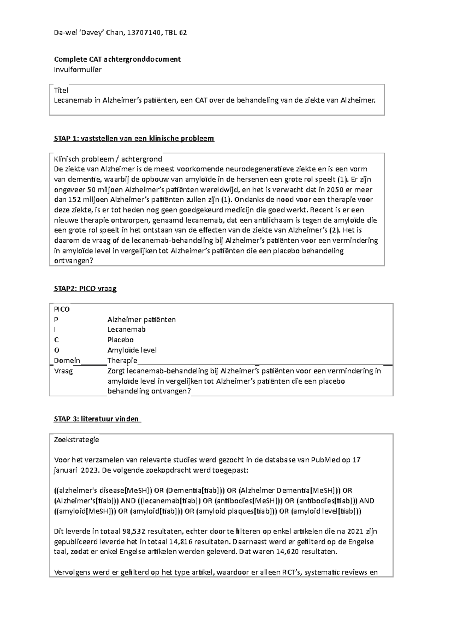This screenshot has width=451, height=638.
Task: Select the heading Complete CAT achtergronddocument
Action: pyautogui.click(x=117, y=59)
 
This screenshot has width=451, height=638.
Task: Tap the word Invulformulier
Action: pyautogui.click(x=78, y=70)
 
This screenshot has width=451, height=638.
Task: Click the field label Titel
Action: pyautogui.click(x=61, y=90)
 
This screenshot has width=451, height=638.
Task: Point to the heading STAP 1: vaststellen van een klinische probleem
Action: pyautogui.click(x=134, y=138)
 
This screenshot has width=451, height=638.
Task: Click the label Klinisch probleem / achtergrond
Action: pyautogui.click(x=108, y=159)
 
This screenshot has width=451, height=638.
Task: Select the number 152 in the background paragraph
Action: pyautogui.click(x=70, y=200)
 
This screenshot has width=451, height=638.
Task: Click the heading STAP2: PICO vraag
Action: pyautogui.click(x=85, y=289)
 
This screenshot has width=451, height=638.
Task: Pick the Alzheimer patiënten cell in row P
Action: pyautogui.click(x=141, y=320)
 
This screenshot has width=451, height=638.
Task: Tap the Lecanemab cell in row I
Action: pyautogui.click(x=126, y=330)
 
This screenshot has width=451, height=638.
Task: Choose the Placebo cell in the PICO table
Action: pyautogui.click(x=120, y=340)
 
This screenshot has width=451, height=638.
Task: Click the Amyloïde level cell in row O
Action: pyautogui.click(x=132, y=350)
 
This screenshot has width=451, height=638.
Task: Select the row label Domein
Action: pyautogui.click(x=67, y=361)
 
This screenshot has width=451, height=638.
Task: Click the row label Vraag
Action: pyautogui.click(x=64, y=371)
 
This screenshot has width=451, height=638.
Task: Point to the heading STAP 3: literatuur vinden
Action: pyautogui.click(x=97, y=419)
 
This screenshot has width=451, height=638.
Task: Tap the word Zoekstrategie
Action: pyautogui.click(x=77, y=439)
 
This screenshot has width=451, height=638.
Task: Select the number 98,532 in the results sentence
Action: pyautogui.click(x=134, y=532)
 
